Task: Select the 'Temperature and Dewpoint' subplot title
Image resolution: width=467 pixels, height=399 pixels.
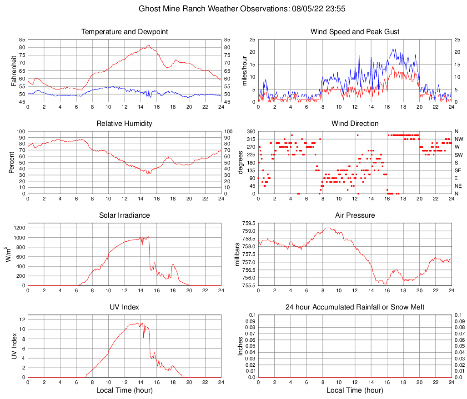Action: [x=124, y=32]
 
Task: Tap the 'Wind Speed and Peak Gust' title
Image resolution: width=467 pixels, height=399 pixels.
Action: [x=355, y=32]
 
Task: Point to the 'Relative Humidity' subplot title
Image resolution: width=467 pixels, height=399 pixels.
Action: [x=124, y=124]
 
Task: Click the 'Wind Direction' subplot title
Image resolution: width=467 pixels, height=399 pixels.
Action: [x=355, y=124]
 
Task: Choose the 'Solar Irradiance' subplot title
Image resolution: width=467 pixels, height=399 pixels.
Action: [x=124, y=215]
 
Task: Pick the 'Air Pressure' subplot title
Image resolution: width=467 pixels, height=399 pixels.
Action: [x=355, y=215]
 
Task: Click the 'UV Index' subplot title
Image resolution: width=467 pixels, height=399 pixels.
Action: [x=124, y=307]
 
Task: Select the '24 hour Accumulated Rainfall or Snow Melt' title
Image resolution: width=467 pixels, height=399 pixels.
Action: [x=355, y=307]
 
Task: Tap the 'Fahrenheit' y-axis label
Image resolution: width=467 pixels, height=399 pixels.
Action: [x=14, y=70]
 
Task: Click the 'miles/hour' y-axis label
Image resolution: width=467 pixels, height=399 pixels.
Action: [x=244, y=70]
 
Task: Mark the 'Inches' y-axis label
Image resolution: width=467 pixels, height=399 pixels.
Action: [x=241, y=346]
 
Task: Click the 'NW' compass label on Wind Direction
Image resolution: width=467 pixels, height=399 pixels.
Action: [x=459, y=139]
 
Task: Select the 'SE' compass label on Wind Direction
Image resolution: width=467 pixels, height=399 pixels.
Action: [x=458, y=170]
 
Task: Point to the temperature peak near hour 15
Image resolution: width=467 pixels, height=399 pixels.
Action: [x=149, y=45]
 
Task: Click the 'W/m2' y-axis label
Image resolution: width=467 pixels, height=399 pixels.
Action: [x=9, y=254]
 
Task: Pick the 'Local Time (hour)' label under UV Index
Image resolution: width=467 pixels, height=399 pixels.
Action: [x=124, y=390]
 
